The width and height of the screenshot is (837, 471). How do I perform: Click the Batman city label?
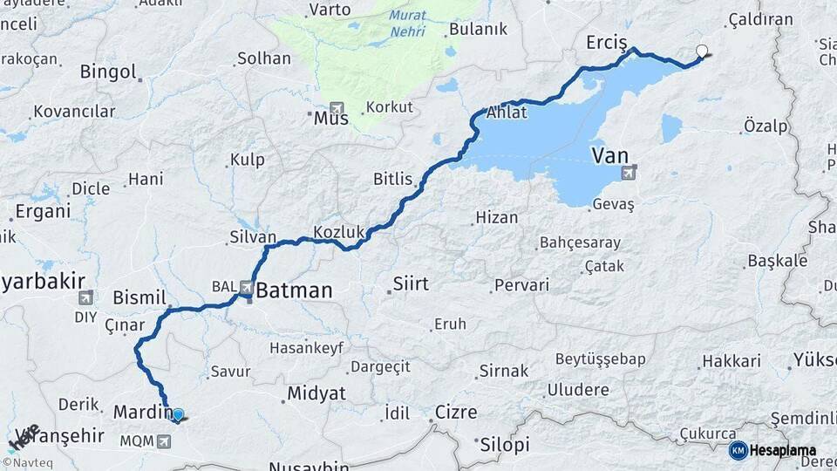click(x=293, y=290)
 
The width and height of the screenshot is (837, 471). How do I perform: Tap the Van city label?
click(x=610, y=156)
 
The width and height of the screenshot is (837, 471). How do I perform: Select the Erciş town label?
click(x=607, y=43)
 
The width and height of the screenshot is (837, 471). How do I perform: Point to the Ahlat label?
click(x=507, y=112)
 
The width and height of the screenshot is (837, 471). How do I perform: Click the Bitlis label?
click(x=392, y=179)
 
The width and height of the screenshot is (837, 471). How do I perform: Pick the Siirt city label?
click(x=411, y=283)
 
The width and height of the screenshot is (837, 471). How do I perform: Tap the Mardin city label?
click(x=139, y=411)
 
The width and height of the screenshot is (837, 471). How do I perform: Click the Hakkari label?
click(x=732, y=360)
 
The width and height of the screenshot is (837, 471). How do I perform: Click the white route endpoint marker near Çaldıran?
click(x=703, y=51)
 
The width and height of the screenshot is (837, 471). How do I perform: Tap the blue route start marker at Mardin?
click(x=178, y=415)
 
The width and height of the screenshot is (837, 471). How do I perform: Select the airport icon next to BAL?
click(x=248, y=287)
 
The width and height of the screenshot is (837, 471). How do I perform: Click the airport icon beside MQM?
click(x=163, y=441)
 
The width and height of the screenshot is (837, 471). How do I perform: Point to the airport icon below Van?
click(x=629, y=173)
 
